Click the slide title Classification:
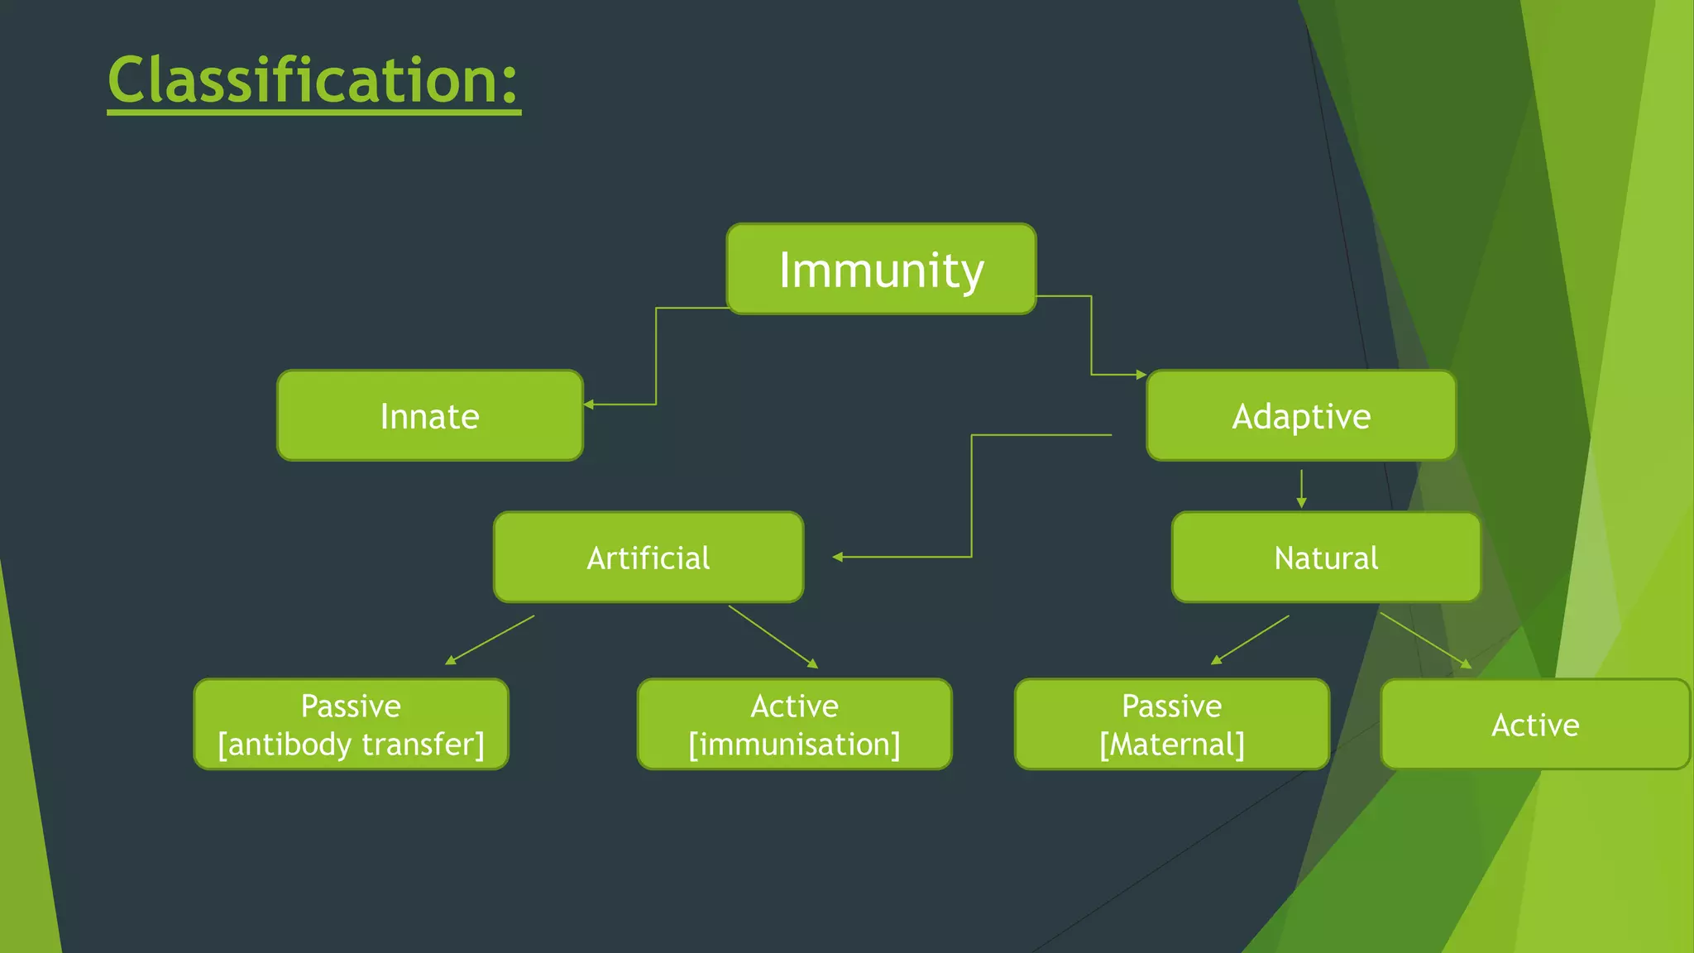click(313, 80)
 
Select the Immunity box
click(881, 270)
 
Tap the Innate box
click(429, 416)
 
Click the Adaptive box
click(1300, 416)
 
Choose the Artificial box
click(648, 558)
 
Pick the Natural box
click(1325, 558)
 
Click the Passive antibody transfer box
click(351, 725)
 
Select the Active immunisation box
click(794, 725)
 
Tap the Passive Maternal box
click(1171, 725)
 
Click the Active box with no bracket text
click(1534, 725)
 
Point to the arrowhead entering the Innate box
click(589, 405)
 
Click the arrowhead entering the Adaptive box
click(1141, 375)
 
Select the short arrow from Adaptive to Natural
click(1301, 488)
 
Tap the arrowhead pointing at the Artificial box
click(838, 557)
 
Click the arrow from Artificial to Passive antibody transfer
click(490, 640)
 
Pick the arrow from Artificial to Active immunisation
click(773, 636)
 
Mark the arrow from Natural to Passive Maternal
click(1250, 640)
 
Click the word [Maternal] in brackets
click(1171, 745)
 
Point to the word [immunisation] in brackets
click(794, 745)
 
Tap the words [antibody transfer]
click(351, 745)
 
